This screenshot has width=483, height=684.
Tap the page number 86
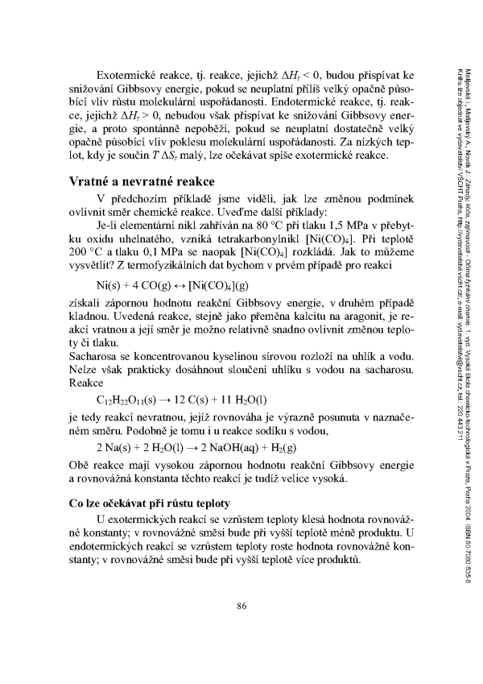242,628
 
